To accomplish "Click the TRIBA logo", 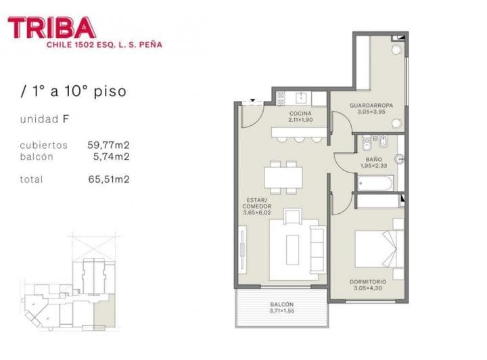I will pyautogui.click(x=52, y=28).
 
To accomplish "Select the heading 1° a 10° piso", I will pyautogui.click(x=73, y=91).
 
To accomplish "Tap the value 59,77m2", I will pyautogui.click(x=108, y=144).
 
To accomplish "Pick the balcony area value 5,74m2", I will pyautogui.click(x=111, y=156).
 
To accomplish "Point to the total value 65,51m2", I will pyautogui.click(x=108, y=179).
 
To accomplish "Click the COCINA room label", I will pyautogui.click(x=300, y=114).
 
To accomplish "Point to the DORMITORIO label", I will pyautogui.click(x=369, y=282).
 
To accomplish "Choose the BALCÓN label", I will pyautogui.click(x=281, y=305).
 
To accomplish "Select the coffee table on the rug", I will pyautogui.click(x=292, y=250).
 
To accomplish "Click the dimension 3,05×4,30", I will pyautogui.click(x=368, y=288).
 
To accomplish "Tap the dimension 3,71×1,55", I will pyautogui.click(x=281, y=311).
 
